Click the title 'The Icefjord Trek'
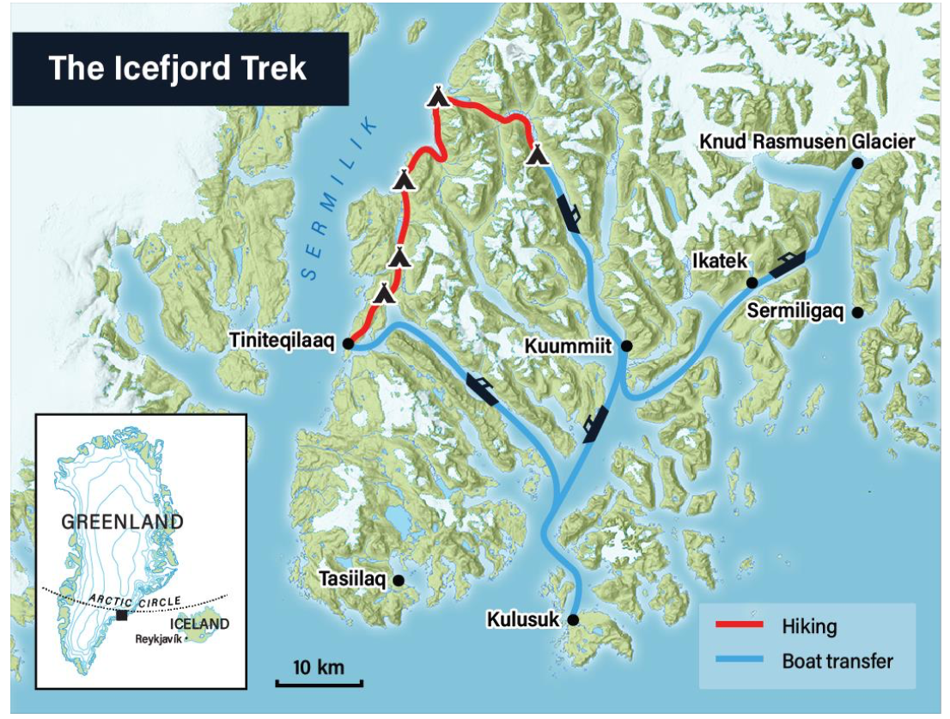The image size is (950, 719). click(178, 68)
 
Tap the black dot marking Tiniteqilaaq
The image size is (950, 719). click(349, 344)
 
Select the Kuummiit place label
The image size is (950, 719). click(570, 345)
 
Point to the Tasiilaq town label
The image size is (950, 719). click(353, 580)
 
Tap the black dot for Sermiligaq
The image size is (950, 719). click(856, 312)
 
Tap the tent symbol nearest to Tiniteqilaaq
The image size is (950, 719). click(385, 294)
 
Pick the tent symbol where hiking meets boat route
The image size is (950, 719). click(537, 155)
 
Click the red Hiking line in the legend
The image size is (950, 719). click(738, 625)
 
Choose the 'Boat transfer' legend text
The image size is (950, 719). click(837, 661)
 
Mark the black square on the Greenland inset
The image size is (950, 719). click(122, 615)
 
